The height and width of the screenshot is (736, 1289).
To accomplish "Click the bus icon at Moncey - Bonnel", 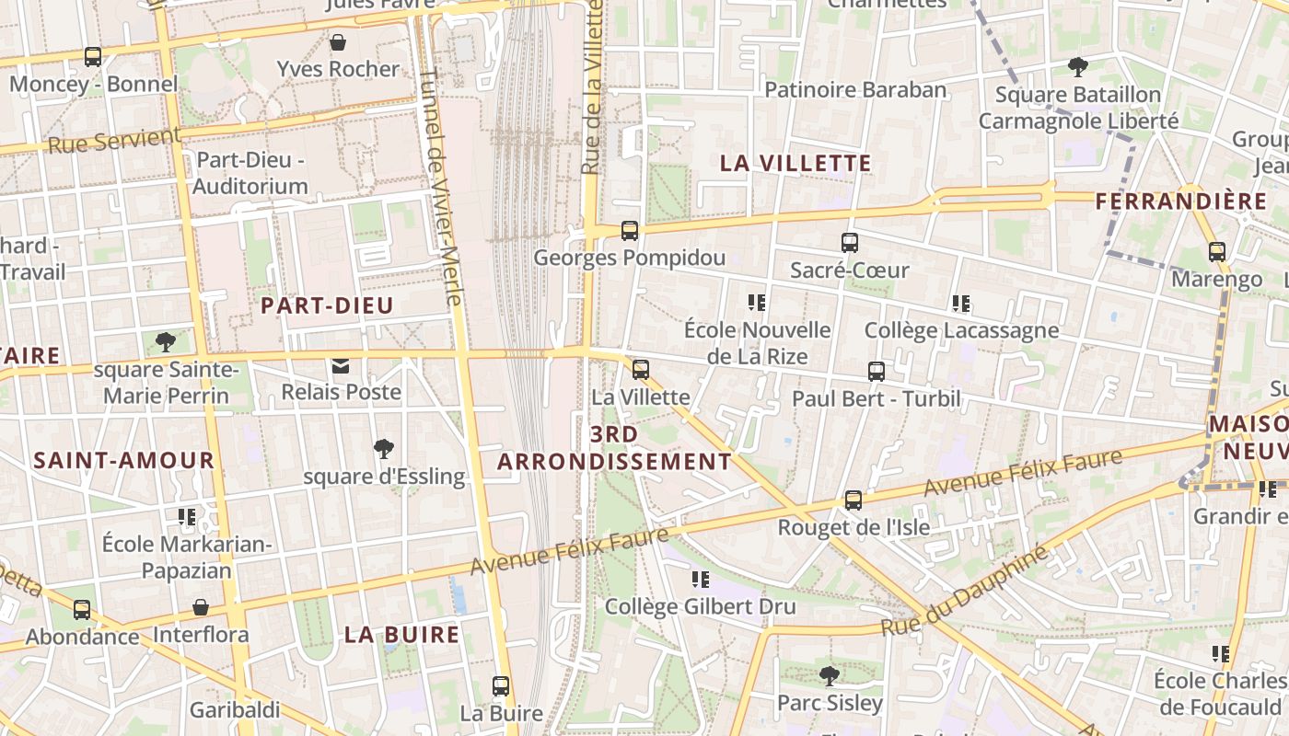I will click(93, 56).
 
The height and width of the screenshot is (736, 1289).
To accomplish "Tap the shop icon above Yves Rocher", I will click(338, 42).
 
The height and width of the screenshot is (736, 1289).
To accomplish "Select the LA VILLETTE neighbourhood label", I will click(795, 164).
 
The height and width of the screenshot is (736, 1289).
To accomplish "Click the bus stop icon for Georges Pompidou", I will click(630, 231).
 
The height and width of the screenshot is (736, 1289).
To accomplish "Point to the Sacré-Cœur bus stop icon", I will click(850, 243).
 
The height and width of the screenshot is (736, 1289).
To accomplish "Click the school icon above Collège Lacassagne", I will click(961, 303).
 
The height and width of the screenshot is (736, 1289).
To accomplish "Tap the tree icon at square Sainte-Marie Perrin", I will click(166, 342).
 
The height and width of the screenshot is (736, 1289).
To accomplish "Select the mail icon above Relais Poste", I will click(341, 366).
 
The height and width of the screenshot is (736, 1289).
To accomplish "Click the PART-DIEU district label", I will click(327, 305).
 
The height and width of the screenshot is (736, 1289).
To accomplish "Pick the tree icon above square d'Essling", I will click(384, 449).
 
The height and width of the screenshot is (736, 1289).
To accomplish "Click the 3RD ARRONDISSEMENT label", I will click(614, 448).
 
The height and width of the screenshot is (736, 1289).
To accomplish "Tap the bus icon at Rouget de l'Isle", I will click(854, 500).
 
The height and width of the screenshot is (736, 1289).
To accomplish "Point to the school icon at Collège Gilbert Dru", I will click(701, 580).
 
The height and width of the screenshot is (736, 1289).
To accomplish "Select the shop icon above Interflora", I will click(201, 607).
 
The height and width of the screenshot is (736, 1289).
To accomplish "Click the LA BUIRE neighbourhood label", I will click(401, 634).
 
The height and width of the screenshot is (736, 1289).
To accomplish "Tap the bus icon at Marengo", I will click(1217, 251).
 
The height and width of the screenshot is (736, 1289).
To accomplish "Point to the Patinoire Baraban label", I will click(855, 89).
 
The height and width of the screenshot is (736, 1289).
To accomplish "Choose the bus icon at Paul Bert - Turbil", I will click(877, 372).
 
